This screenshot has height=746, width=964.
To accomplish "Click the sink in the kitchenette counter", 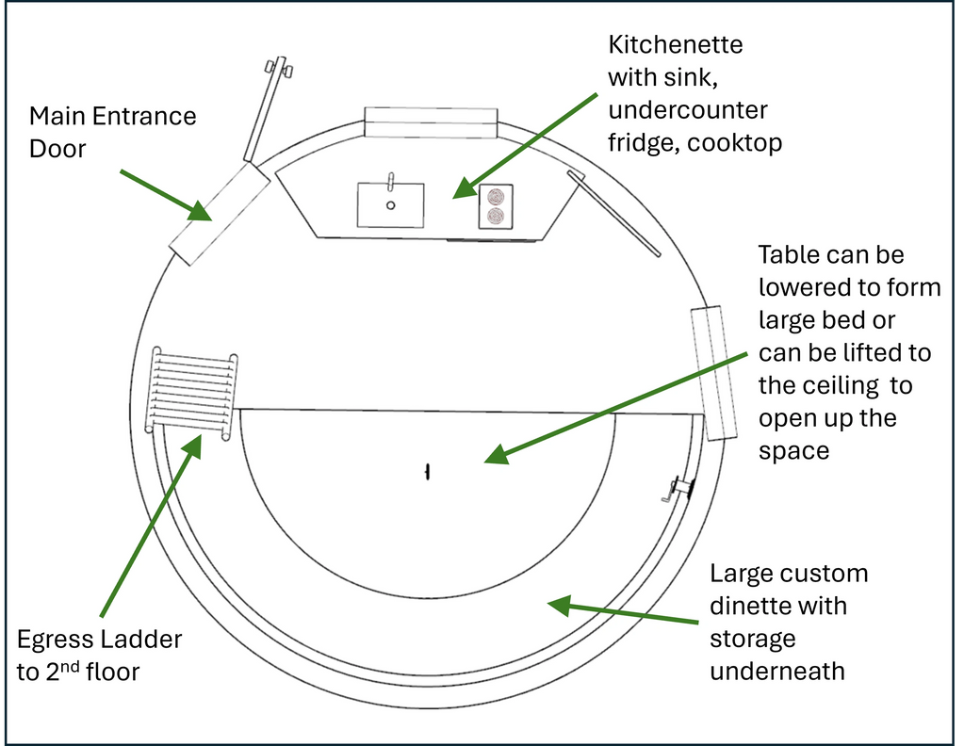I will tap(390, 204).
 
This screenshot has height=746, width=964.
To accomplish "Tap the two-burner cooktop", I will tap(495, 206).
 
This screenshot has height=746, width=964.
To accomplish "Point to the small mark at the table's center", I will tap(428, 470).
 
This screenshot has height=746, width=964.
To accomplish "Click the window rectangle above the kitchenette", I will tap(431, 122).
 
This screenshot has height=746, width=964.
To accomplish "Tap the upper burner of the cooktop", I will tap(495, 197).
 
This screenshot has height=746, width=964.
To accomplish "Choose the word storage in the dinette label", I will tap(753, 639).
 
